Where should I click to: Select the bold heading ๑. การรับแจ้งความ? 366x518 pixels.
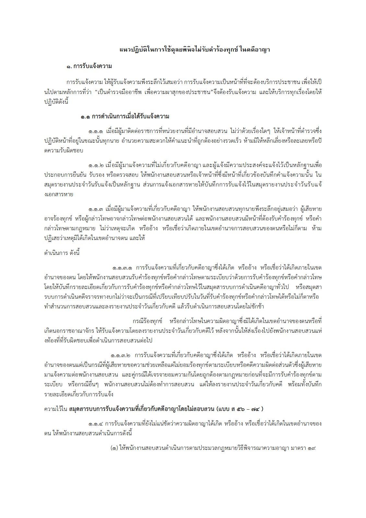89,66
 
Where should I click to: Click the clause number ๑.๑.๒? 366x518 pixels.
95,165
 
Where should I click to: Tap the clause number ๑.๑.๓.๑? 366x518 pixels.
122,268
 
